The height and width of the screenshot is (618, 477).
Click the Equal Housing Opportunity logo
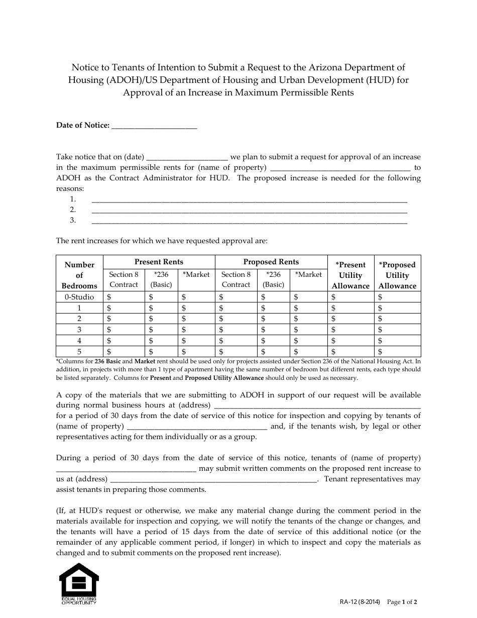pyautogui.click(x=79, y=583)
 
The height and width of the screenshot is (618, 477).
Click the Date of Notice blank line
pyautogui.click(x=154, y=127)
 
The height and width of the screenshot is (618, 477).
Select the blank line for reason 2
pyautogui.click(x=249, y=210)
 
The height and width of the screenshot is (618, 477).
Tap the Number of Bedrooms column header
pyautogui.click(x=79, y=275)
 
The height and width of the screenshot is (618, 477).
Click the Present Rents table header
pyautogui.click(x=159, y=262)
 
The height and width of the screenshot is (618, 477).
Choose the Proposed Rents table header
pyautogui.click(x=271, y=262)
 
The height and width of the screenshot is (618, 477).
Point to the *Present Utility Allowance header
pyautogui.click(x=350, y=275)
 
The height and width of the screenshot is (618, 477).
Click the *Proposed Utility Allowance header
pyautogui.click(x=397, y=275)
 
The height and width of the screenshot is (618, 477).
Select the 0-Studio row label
pyautogui.click(x=79, y=297)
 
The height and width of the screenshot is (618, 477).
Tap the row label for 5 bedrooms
pyautogui.click(x=79, y=352)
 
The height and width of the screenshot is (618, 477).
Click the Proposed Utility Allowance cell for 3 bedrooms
pyautogui.click(x=397, y=330)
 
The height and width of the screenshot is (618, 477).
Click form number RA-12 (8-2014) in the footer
pyautogui.click(x=360, y=602)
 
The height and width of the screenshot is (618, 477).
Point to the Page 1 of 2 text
pyautogui.click(x=403, y=602)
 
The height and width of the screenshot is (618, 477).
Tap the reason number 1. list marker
pyautogui.click(x=73, y=199)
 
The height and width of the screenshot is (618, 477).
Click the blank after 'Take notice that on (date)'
pyautogui.click(x=187, y=157)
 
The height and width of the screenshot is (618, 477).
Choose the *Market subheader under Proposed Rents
pyautogui.click(x=308, y=274)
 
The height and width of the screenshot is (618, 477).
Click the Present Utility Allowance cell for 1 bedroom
pyautogui.click(x=350, y=308)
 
